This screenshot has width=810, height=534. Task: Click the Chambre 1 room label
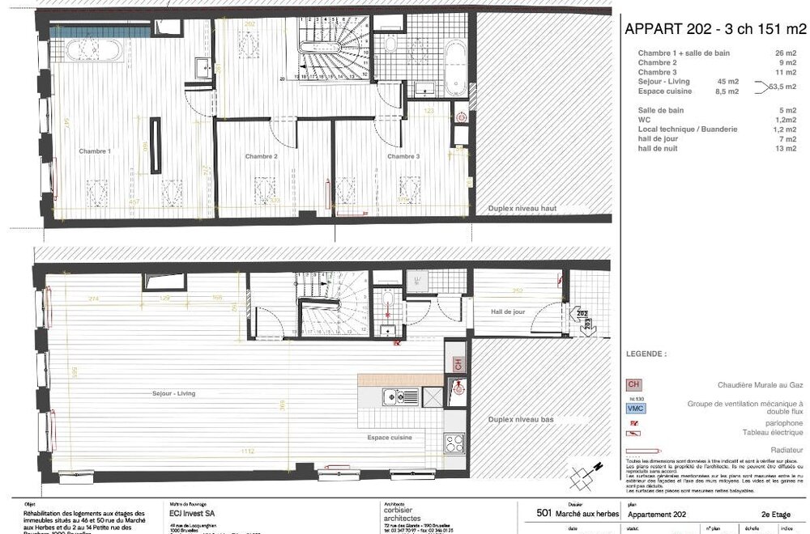coord(95,152)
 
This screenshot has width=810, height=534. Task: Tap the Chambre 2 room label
coord(262,156)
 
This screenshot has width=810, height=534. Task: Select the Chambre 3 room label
coord(403,156)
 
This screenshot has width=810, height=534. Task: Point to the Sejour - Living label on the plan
coord(173,394)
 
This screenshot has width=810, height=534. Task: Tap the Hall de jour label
coord(508,311)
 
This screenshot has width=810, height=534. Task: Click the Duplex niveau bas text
coord(522,421)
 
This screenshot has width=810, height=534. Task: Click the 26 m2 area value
coord(787,53)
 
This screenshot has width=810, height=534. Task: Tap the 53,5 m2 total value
coord(783,87)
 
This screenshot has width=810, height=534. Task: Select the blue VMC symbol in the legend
coord(636,409)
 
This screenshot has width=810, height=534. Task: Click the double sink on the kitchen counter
coord(402,396)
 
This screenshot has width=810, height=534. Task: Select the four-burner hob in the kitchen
coord(454,443)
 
